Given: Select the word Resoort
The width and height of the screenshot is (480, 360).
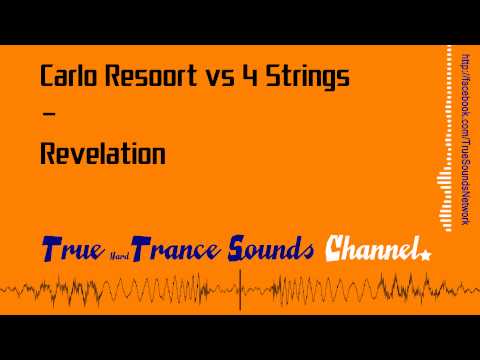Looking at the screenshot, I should coord(142,76).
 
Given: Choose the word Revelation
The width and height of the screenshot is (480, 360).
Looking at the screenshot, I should coord(102,155).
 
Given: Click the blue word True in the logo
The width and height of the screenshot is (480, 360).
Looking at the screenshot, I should coord(71,249).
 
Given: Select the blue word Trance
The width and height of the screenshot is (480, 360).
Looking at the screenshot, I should coord(173,249).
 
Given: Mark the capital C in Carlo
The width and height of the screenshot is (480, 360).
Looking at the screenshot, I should coord(47,76).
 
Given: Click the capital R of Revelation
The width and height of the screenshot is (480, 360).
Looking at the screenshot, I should coord(47,155).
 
